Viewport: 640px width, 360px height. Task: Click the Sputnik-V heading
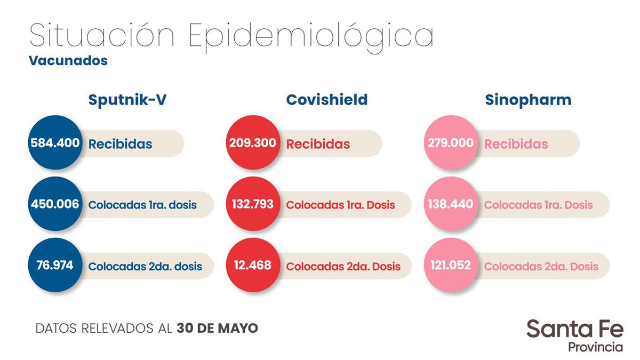[x=127, y=100]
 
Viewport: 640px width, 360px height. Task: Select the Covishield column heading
[x=326, y=100]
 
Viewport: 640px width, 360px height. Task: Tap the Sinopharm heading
[x=527, y=100]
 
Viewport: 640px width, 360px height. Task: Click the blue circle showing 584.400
[x=55, y=143]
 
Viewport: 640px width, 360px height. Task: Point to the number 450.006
[x=55, y=204]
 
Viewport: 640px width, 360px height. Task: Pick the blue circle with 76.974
[x=55, y=265]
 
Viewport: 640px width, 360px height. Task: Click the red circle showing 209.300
[x=253, y=143]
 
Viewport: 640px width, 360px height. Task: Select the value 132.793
[x=253, y=204]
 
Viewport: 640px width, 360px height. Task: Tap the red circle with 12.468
[x=253, y=265]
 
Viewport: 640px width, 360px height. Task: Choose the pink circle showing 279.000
[x=451, y=143]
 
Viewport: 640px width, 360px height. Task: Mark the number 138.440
[x=451, y=204]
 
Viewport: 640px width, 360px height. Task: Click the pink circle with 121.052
[x=451, y=265]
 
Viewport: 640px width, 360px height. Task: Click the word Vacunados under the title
[x=68, y=60]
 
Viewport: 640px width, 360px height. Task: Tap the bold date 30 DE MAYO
[x=217, y=328]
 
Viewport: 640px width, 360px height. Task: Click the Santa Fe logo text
[x=574, y=329]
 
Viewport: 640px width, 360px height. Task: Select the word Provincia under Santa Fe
[x=595, y=347]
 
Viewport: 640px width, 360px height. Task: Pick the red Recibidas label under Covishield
[x=318, y=144]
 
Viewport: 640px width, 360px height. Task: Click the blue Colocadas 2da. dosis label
[x=145, y=266]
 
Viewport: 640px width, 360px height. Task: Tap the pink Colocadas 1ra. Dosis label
[x=538, y=205]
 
